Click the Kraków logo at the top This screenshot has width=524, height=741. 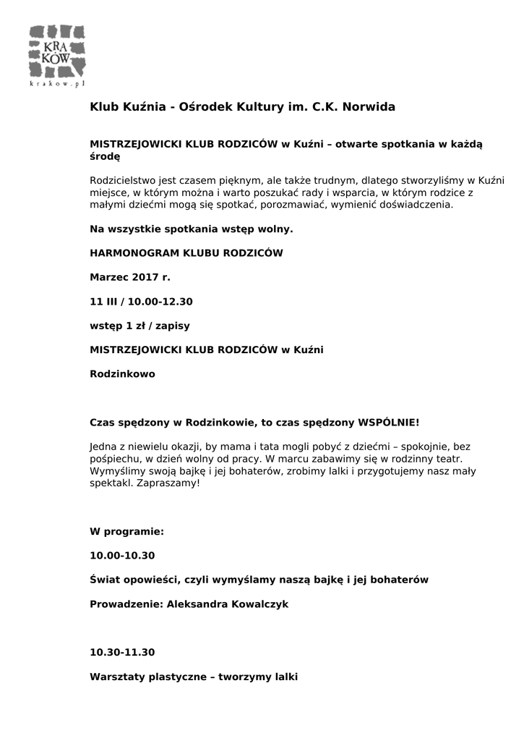(x=58, y=51)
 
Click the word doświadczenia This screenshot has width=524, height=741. (x=417, y=205)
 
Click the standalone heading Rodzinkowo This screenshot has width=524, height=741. (x=122, y=374)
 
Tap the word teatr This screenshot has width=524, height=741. (x=450, y=459)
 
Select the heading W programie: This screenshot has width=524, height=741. (x=126, y=532)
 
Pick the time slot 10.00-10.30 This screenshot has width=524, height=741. (x=122, y=556)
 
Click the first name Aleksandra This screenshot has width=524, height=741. (x=197, y=604)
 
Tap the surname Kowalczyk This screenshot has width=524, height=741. (x=259, y=604)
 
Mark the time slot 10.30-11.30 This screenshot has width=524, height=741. (x=122, y=652)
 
